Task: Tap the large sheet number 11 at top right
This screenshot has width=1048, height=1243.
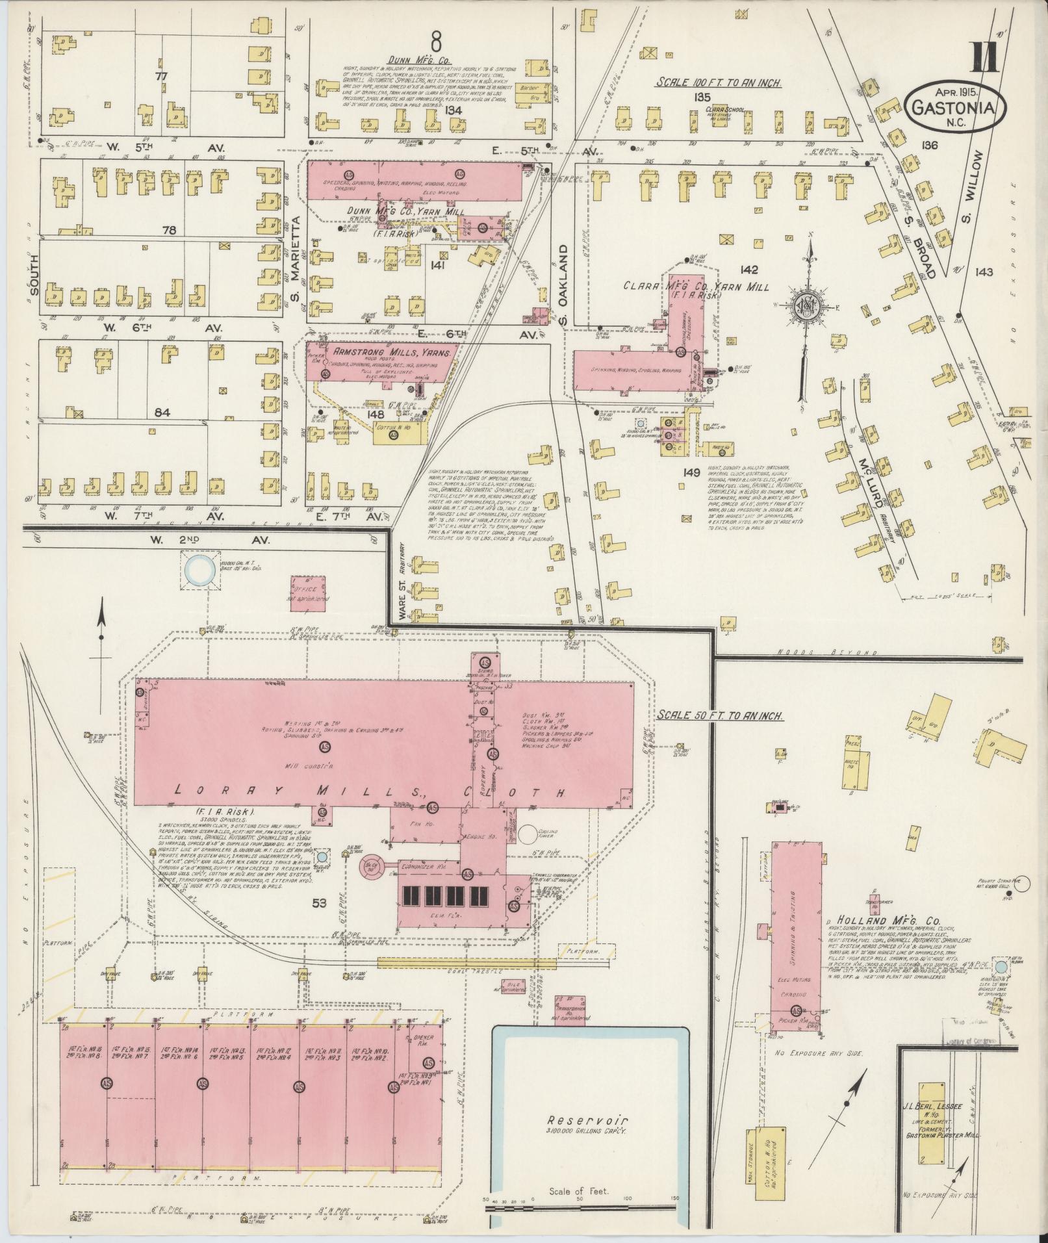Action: (x=984, y=58)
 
